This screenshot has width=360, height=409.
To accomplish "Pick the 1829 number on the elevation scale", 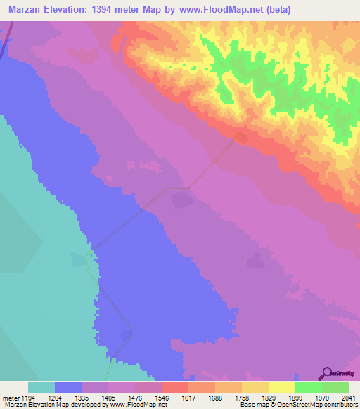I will pyautogui.click(x=259, y=396).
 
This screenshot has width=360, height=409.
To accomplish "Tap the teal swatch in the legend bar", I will pyautogui.click(x=41, y=387).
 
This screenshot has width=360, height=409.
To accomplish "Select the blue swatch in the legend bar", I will pyautogui.click(x=67, y=387).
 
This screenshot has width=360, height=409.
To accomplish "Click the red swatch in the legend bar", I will pyautogui.click(x=174, y=387).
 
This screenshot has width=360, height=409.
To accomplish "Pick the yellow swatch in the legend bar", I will pyautogui.click(x=281, y=387).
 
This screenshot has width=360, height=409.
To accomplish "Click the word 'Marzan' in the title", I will pyautogui.click(x=27, y=10).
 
